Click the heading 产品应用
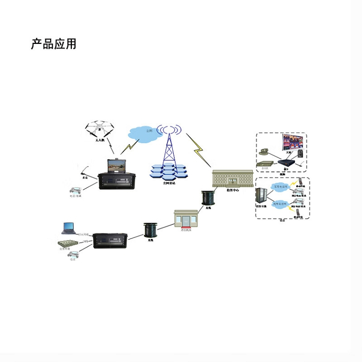click(x=54, y=44)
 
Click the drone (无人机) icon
click(x=100, y=128)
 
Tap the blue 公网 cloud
click(x=145, y=132)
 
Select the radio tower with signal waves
click(x=168, y=145)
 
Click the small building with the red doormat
click(x=186, y=219)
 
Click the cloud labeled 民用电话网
click(x=280, y=205)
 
